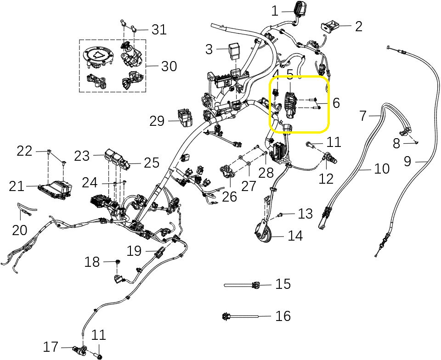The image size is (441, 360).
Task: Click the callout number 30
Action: point(169,66)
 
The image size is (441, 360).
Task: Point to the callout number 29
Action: point(157,121)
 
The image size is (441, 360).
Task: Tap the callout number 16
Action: point(283,316)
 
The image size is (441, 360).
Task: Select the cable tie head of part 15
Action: point(255,285)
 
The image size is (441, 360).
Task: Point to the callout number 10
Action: point(382,169)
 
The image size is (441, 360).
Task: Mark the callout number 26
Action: point(230,197)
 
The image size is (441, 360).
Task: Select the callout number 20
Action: point(20,230)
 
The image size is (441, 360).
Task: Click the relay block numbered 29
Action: point(185,118)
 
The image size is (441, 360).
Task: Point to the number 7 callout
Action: point(363,116)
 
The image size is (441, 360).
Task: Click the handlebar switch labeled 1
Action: point(299,10)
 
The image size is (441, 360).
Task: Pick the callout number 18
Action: point(92,262)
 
